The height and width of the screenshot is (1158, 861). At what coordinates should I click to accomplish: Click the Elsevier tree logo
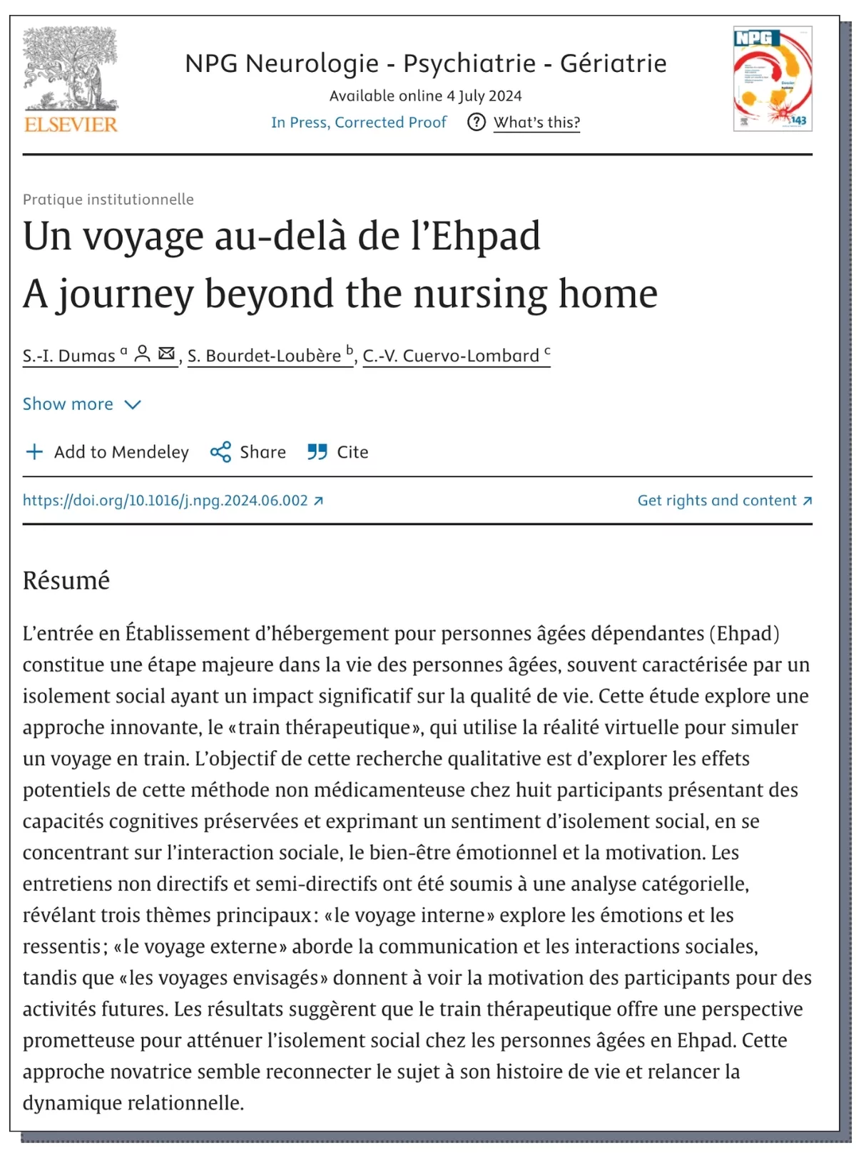point(70,79)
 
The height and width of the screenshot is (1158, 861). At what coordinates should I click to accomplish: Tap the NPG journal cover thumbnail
point(773,78)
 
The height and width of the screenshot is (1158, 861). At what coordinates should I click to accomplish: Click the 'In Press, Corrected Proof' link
point(358,123)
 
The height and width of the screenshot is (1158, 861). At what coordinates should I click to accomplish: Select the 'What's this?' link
point(536,123)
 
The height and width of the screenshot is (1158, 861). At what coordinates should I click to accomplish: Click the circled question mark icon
point(476,123)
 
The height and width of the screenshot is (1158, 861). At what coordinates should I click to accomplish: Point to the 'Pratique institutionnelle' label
point(108,200)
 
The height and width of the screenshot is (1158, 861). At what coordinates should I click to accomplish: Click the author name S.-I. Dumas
point(68,356)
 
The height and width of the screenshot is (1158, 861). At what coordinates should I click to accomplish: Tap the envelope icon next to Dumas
point(166,354)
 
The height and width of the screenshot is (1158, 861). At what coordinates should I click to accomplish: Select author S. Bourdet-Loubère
point(264,356)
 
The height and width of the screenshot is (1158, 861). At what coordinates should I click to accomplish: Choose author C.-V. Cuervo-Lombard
point(451,356)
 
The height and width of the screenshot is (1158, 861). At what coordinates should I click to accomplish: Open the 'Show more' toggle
point(81,404)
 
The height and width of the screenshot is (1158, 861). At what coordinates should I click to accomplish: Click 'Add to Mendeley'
point(107,452)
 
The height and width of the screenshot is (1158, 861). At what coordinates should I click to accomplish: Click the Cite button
point(338,452)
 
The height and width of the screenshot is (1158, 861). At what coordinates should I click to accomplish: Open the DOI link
point(165,501)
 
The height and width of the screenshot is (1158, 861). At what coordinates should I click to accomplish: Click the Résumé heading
point(66,580)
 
